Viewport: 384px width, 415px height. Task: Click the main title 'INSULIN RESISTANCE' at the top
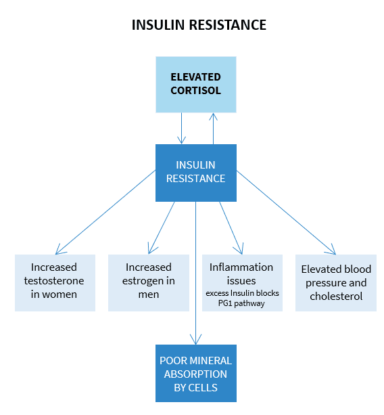(x=199, y=25)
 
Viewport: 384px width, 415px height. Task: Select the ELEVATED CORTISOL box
(x=196, y=85)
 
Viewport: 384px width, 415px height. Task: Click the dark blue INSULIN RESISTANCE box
(x=196, y=173)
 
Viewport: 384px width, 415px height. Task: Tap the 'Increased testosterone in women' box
(x=55, y=283)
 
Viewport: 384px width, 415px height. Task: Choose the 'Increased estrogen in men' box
(x=149, y=283)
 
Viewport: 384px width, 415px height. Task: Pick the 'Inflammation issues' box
(x=242, y=283)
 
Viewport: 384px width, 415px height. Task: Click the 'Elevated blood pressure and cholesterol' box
(x=336, y=283)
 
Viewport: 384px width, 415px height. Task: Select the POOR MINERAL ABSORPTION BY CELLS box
(x=196, y=373)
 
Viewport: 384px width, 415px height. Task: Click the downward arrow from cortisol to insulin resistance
(x=182, y=129)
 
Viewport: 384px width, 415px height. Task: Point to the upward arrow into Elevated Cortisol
(x=213, y=129)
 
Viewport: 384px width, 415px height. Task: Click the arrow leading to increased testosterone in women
(x=105, y=213)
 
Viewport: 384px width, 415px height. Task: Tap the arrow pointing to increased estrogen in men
(x=162, y=228)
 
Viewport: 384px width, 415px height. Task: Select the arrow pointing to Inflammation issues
(x=231, y=228)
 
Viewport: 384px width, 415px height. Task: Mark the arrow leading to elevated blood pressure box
(x=286, y=213)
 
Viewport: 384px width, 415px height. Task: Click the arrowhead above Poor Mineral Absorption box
(x=195, y=340)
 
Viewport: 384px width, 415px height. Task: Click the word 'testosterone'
(x=54, y=281)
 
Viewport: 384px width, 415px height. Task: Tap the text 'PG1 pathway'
(x=241, y=303)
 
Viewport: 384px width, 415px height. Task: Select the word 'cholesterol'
(x=336, y=296)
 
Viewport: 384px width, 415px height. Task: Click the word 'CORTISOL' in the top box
(x=195, y=91)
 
